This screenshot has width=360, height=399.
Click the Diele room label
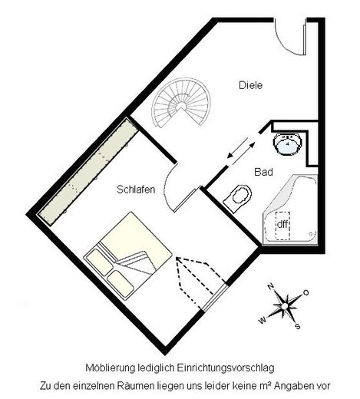click(250, 85)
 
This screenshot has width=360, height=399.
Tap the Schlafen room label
click(136, 190)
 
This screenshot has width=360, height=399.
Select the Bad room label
click(263, 172)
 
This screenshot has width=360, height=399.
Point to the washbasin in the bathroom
click(288, 143)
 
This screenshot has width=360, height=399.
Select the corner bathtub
click(291, 209)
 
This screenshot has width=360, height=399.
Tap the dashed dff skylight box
click(282, 226)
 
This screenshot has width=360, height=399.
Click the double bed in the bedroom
click(128, 253)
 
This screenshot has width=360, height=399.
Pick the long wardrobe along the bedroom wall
click(88, 173)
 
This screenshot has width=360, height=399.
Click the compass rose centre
click(285, 305)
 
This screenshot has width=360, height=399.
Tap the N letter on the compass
click(270, 286)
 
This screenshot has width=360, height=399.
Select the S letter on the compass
click(298, 326)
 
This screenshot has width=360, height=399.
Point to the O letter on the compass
click(306, 292)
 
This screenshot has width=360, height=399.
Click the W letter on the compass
click(263, 320)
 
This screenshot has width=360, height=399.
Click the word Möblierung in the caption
click(111, 368)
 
